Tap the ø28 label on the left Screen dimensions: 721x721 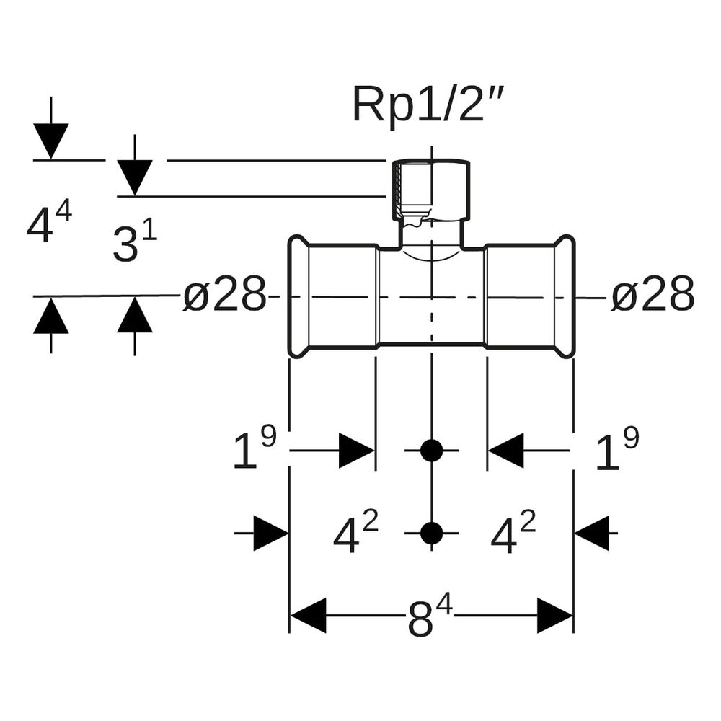225,295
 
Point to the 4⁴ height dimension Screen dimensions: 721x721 49,223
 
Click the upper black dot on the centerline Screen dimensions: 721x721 431,451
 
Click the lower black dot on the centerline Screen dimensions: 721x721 431,534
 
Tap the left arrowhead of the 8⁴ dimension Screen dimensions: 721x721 308,616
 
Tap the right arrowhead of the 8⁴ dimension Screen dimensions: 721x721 554,616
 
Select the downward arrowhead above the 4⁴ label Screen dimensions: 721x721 51,141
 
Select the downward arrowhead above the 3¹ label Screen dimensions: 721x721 135,178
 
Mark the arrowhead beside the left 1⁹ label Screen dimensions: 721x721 357,451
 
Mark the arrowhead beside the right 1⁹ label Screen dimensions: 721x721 506,451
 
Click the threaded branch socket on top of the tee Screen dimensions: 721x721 431,190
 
